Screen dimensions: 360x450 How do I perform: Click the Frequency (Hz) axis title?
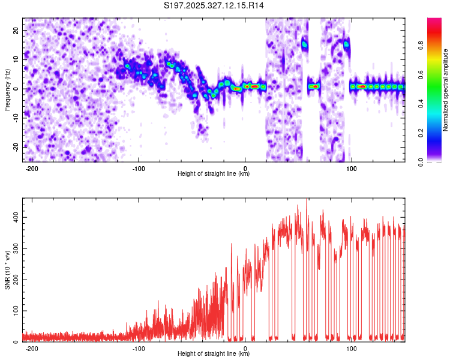click(x=7, y=90)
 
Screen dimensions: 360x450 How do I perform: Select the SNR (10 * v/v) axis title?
click(x=7, y=270)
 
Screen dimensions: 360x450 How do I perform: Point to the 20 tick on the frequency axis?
click(x=16, y=30)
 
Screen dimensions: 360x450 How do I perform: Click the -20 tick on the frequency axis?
click(x=15, y=147)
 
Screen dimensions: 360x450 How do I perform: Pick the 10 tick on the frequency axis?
click(x=16, y=59)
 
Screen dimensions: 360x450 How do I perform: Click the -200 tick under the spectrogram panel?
click(x=33, y=167)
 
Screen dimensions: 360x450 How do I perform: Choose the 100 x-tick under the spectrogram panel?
click(x=352, y=167)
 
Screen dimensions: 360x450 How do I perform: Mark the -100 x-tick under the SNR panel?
click(x=139, y=347)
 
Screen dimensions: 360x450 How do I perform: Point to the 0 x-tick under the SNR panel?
click(x=245, y=347)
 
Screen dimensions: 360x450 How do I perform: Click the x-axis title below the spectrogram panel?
click(x=214, y=174)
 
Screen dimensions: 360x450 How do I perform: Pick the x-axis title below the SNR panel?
click(x=214, y=354)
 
